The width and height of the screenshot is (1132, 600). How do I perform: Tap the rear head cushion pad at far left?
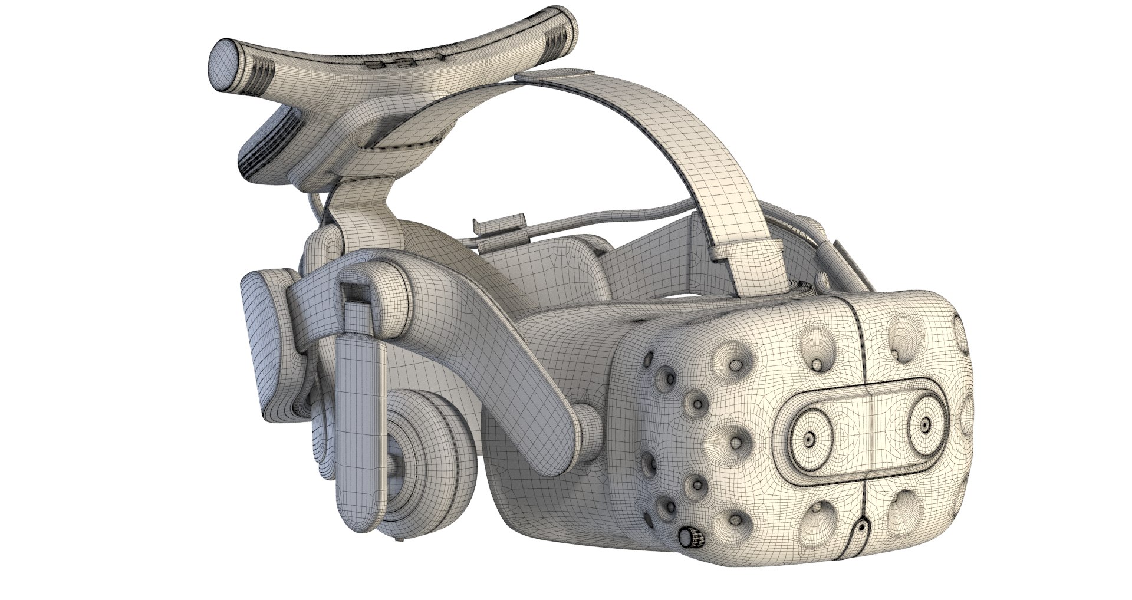[259, 348]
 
